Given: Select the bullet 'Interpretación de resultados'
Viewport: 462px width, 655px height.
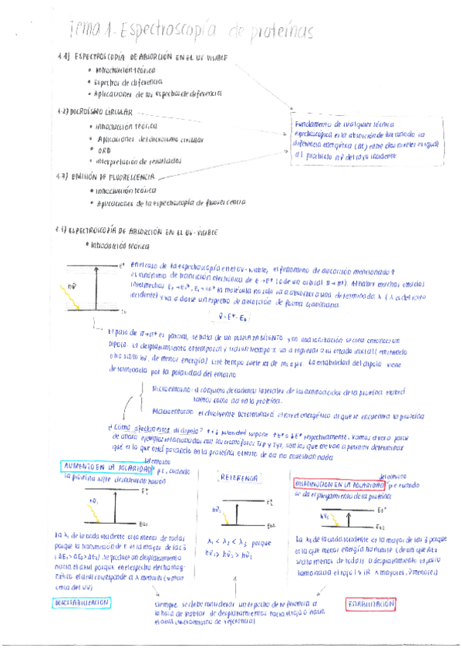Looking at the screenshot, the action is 138,161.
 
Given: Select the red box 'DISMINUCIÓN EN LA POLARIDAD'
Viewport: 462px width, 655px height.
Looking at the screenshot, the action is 339,484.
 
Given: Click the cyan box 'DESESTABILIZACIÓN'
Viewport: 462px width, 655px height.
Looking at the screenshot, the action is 83,602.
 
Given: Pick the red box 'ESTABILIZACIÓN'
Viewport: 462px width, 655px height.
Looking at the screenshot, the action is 370,603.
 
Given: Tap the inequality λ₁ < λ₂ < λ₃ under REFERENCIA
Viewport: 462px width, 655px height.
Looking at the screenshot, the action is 231,541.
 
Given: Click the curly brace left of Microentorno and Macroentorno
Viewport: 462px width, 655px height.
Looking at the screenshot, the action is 144,400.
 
